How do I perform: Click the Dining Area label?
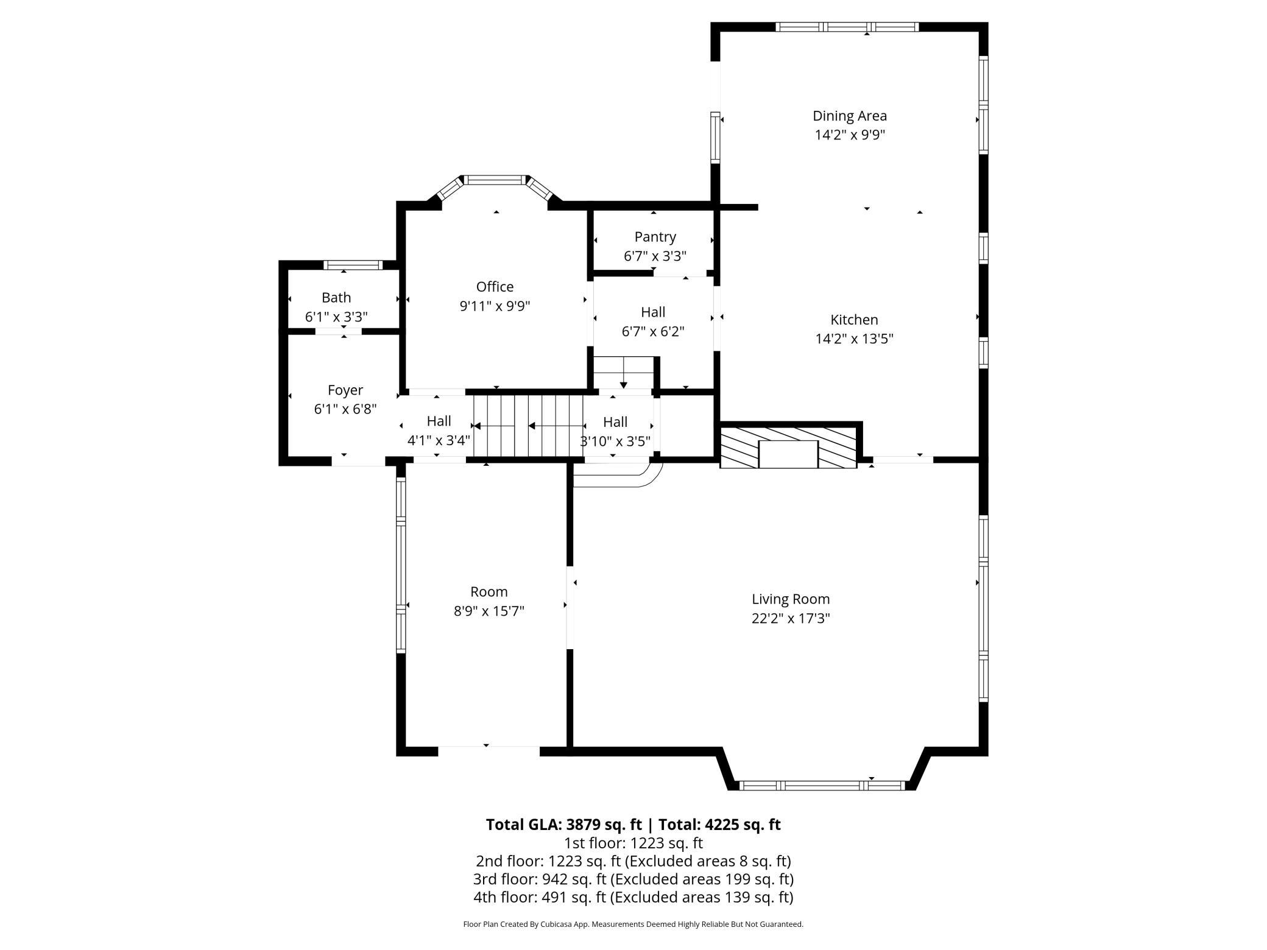point(849,116)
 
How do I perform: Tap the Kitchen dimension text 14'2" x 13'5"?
point(854,339)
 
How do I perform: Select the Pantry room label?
point(655,237)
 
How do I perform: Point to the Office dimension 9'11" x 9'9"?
point(495,306)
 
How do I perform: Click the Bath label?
point(336,298)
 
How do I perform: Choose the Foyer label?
point(345,390)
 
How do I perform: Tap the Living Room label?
point(790,599)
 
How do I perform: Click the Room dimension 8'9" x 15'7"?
point(489,611)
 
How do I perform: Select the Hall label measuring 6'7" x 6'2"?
point(652,312)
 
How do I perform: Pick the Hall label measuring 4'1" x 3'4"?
point(439,421)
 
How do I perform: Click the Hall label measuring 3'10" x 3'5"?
point(615,422)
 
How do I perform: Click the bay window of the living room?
point(822,786)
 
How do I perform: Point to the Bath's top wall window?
point(353,265)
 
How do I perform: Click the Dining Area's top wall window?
point(847,27)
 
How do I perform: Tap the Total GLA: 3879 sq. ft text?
point(563,825)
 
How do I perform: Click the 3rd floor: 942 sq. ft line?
point(633,879)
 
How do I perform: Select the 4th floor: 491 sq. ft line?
point(633,897)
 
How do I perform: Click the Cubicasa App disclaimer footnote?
point(633,924)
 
